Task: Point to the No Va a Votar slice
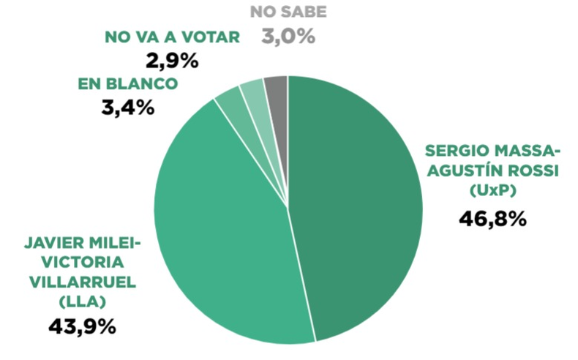(x=255, y=97)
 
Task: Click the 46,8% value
(x=493, y=219)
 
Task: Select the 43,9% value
(x=83, y=326)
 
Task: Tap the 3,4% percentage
(x=128, y=108)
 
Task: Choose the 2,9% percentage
(x=172, y=61)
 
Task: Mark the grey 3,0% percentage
(x=288, y=37)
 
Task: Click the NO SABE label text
(x=288, y=12)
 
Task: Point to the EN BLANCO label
(x=128, y=84)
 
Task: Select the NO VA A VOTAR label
(x=172, y=37)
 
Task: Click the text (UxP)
(x=493, y=190)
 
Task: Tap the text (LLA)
(x=83, y=302)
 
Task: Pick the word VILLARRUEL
(x=83, y=282)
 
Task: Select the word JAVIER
(x=49, y=243)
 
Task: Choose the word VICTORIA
(x=83, y=263)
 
